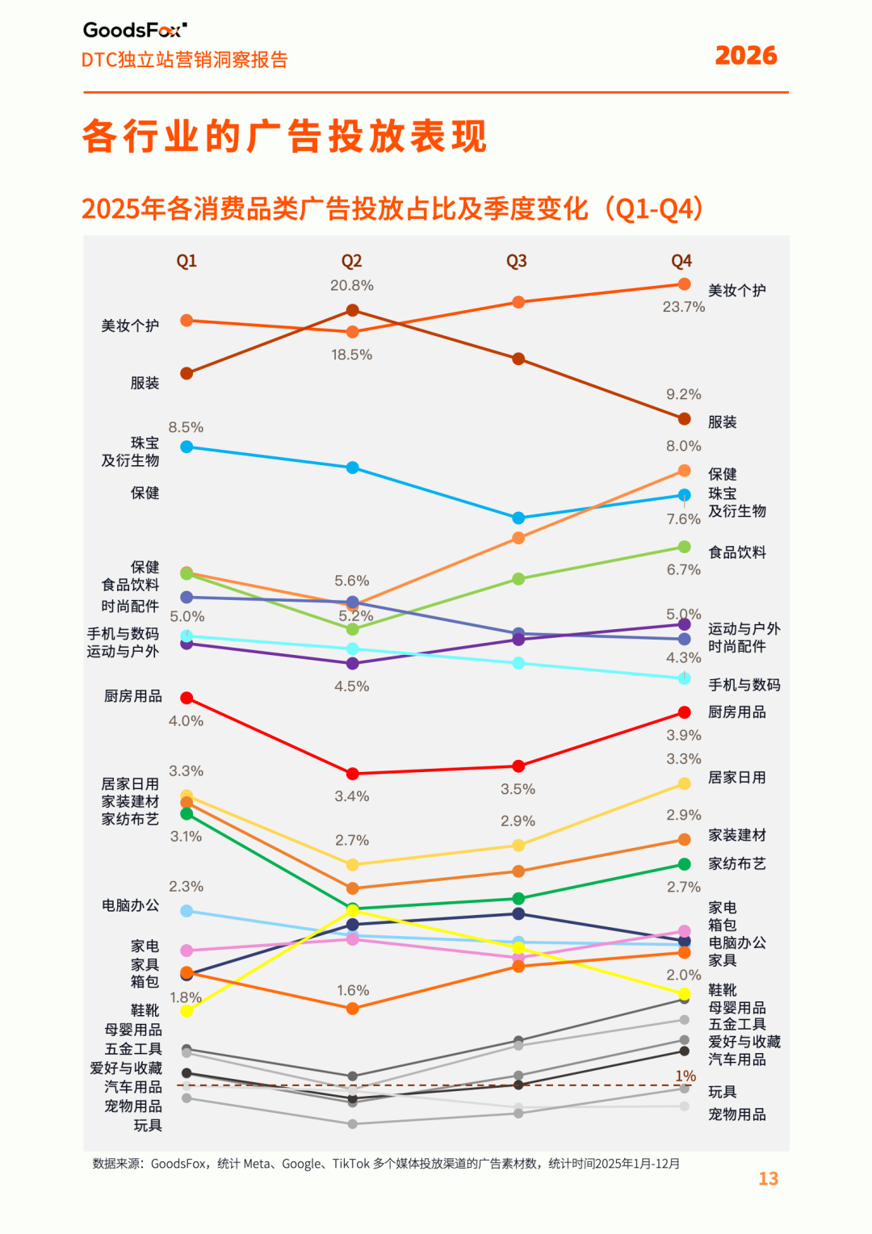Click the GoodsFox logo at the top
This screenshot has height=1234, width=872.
(135, 31)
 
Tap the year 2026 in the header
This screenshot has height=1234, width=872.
(745, 56)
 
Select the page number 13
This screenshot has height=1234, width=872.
(768, 1178)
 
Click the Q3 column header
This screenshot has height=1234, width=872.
(516, 261)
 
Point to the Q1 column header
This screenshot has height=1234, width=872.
(187, 261)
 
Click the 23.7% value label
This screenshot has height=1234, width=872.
(683, 307)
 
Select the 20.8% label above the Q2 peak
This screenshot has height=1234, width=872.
(351, 286)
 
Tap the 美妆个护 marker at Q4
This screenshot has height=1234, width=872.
(684, 284)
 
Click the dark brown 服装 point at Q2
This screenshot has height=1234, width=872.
(352, 310)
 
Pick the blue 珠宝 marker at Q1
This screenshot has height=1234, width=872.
(187, 447)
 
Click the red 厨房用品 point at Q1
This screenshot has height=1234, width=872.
(187, 698)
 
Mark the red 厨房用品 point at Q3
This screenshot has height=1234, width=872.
(518, 766)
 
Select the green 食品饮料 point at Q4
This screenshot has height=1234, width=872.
(684, 547)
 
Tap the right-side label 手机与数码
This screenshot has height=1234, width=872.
(744, 685)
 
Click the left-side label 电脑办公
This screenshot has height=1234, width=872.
(130, 905)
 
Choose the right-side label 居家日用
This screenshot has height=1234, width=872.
(736, 778)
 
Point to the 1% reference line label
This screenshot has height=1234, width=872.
(685, 1076)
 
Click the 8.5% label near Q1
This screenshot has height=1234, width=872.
(186, 427)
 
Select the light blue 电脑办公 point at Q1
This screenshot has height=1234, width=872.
(187, 911)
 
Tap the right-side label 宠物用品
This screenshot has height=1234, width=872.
(736, 1114)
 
